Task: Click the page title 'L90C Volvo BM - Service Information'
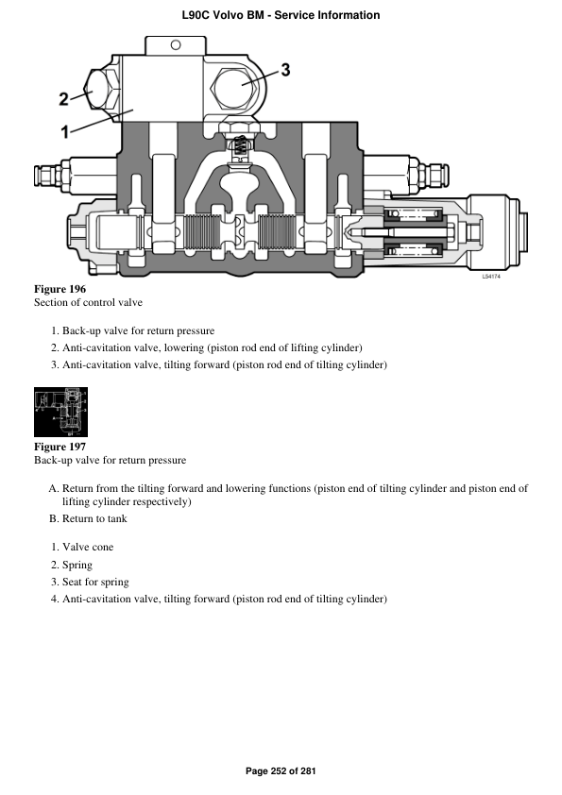click(281, 15)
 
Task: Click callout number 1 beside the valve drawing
click(65, 131)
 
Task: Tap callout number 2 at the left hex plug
click(63, 97)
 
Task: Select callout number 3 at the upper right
click(285, 69)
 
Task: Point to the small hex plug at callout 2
click(97, 94)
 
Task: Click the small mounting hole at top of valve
click(174, 43)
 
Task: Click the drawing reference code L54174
click(491, 277)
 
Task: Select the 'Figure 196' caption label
click(60, 288)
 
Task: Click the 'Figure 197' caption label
click(60, 446)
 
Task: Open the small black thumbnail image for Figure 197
click(60, 412)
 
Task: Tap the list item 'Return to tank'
click(94, 518)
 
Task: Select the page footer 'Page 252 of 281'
click(281, 771)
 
